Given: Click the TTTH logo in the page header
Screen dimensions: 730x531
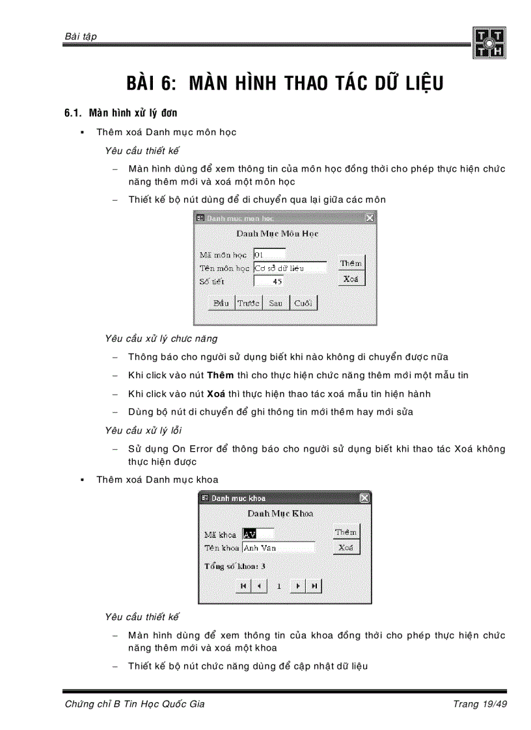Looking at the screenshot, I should (x=489, y=43).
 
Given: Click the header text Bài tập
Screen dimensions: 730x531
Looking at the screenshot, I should (x=81, y=36).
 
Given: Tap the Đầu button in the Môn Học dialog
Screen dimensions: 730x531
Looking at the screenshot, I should (x=221, y=304).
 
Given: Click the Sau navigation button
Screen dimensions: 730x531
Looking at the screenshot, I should (x=275, y=304).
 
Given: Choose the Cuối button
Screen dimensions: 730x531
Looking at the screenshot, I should (x=303, y=304).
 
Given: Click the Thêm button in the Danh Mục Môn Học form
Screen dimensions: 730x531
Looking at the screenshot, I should (x=351, y=263).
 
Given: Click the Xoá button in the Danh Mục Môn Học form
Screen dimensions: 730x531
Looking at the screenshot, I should (x=351, y=279).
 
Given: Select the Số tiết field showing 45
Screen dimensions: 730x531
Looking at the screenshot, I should (x=268, y=281).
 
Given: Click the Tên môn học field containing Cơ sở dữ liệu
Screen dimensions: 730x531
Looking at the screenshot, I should (x=290, y=268).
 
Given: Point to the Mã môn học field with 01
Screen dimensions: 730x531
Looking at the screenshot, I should (x=269, y=254).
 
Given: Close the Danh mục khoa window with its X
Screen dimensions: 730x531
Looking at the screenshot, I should (x=364, y=498).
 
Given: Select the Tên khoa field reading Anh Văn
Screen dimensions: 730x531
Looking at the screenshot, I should (x=279, y=548).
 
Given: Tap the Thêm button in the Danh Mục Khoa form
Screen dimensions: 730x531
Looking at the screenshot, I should (x=346, y=532).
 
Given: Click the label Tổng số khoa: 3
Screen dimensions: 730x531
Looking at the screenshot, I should (x=235, y=566).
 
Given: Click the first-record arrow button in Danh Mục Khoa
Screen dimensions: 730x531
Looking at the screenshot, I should (x=242, y=586).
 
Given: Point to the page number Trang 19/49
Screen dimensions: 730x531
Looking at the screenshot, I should (x=479, y=705).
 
